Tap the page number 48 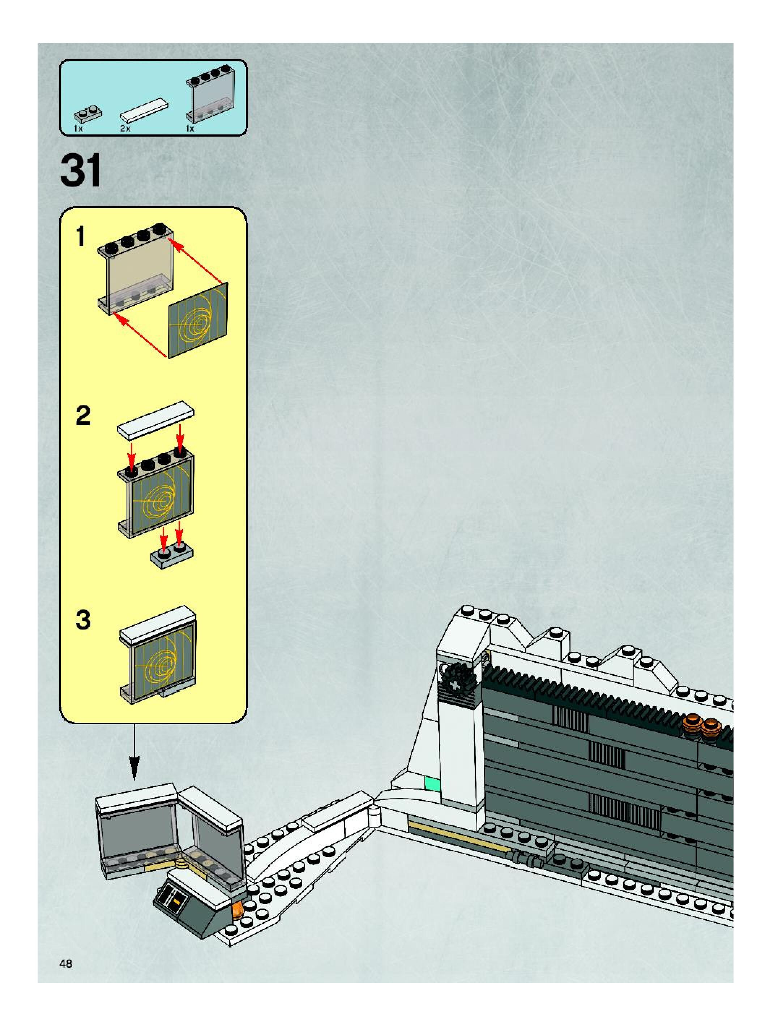66,964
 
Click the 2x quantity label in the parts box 125,129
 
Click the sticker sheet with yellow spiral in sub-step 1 199,321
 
